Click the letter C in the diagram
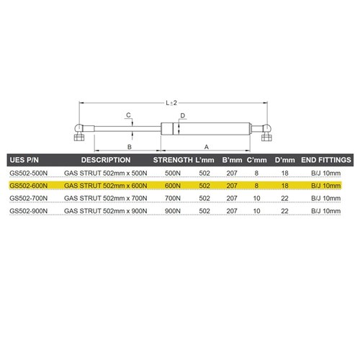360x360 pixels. (127, 115)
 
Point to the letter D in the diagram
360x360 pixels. (183, 115)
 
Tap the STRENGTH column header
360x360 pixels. (173, 159)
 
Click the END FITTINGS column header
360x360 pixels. (325, 159)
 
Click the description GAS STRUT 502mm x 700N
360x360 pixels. (105, 198)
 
